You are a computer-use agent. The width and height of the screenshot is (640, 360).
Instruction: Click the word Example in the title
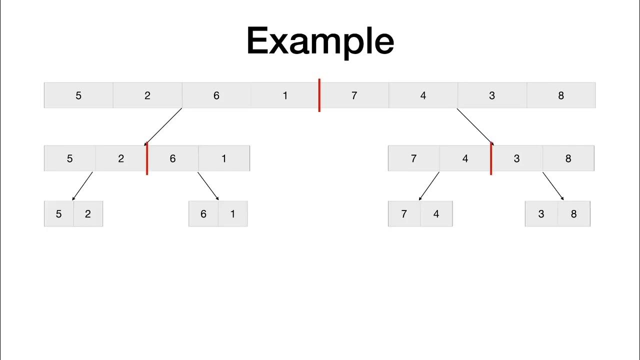pos(320,41)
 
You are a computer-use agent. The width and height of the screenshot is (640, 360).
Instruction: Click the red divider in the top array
pos(319,95)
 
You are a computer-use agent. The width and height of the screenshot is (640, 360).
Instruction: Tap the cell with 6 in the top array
pos(216,95)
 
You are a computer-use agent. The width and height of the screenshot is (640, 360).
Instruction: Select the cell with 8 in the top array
pos(560,95)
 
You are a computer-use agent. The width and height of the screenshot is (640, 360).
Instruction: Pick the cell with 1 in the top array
pos(285,95)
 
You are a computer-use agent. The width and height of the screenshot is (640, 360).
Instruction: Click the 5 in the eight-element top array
pos(78,95)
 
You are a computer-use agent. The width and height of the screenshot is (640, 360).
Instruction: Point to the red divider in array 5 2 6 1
pos(147,158)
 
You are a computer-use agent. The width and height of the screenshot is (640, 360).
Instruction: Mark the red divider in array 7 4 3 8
pos(491,158)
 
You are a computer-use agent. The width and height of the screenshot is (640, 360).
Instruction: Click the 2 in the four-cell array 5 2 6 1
pos(121,158)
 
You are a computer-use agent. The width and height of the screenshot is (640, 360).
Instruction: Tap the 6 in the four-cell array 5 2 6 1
pos(172,158)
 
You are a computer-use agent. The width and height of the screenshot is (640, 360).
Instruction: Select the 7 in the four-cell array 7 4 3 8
pos(413,158)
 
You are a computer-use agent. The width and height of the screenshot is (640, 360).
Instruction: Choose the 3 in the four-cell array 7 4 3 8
pos(516,158)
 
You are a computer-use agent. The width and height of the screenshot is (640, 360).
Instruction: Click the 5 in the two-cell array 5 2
pos(58,214)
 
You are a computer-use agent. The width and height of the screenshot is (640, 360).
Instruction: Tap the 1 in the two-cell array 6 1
pos(232,214)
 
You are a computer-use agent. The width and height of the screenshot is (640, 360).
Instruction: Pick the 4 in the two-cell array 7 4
pos(436,214)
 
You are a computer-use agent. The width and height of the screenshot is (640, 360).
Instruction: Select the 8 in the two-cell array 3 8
pos(573,214)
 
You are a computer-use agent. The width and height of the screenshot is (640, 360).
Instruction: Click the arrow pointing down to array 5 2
pos(82,186)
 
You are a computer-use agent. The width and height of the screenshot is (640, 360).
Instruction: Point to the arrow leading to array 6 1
pos(208,186)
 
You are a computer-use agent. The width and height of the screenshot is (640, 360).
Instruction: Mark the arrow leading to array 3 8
pos(553,186)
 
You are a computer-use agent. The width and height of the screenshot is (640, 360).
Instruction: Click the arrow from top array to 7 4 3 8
pos(475,126)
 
